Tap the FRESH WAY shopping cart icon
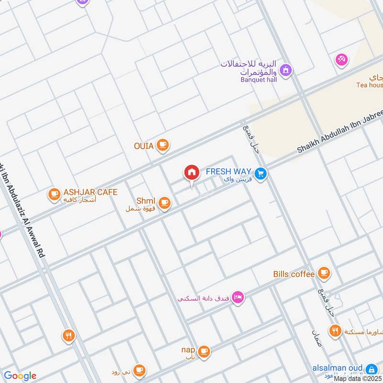pos(260,174)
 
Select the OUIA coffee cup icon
pos(163,145)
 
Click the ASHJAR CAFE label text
pos(90,192)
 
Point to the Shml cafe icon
pos(165,203)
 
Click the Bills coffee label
pos(294,274)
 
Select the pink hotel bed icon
pos(237,298)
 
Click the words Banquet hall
pos(259,79)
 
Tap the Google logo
pos(20,376)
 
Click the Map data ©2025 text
pos(358,379)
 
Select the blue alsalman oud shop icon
pos(371,369)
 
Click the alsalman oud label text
pos(338,368)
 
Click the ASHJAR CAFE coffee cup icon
pos(54,194)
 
